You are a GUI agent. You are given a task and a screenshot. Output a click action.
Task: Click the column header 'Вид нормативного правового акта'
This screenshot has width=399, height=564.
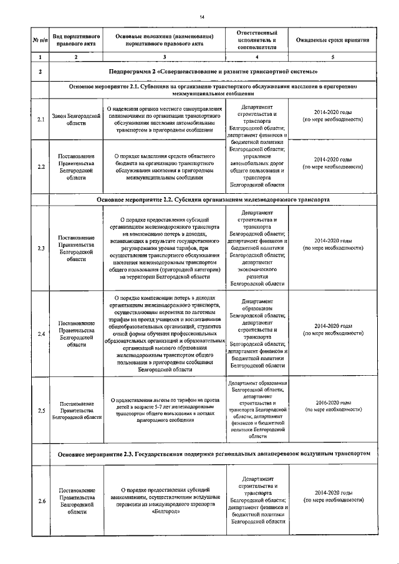pos(76,40)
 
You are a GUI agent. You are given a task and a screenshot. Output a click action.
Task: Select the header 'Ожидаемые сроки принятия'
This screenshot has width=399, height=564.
pos(332,40)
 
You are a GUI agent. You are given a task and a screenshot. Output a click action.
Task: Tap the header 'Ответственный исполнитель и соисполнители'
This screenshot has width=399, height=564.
pos(257,40)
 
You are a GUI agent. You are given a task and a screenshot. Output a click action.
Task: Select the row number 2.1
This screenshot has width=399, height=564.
pos(41,119)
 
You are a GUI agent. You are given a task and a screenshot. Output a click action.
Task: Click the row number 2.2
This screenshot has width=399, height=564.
pos(41,166)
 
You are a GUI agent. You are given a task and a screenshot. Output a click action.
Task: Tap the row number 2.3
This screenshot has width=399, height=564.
pos(41,248)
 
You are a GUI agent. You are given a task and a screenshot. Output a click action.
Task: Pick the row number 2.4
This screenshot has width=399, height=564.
pos(41,334)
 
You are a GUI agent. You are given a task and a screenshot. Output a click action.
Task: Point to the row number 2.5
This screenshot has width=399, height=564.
pos(41,410)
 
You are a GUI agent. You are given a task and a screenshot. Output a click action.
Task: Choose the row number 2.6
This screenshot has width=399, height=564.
pos(41,501)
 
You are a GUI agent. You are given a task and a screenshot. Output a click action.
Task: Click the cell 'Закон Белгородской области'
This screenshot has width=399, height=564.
pos(76,119)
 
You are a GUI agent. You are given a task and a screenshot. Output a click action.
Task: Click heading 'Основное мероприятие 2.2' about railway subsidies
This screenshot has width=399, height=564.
pos(213,199)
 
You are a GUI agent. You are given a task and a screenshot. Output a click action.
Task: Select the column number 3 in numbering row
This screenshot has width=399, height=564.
pos(164,57)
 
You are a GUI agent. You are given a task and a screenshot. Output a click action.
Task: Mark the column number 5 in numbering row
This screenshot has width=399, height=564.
pos(332,57)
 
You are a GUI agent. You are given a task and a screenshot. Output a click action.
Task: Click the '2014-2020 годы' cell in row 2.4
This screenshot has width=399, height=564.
pos(332,326)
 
